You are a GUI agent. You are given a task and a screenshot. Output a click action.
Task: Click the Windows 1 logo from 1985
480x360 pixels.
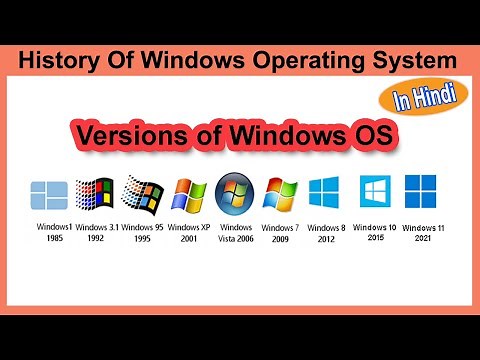point(48,195)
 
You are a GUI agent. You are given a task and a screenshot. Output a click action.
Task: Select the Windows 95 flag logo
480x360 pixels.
point(141,194)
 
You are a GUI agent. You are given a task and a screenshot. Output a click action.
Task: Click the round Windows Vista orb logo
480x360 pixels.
point(235,193)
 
